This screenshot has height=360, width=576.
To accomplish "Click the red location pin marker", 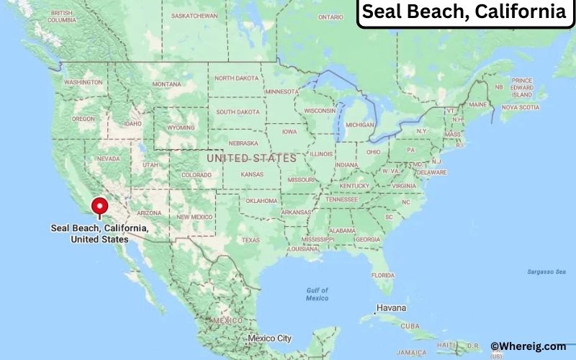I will click(100, 207).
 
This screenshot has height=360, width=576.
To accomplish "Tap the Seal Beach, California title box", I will click(463, 12).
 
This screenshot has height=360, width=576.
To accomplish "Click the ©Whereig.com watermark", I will click(528, 346).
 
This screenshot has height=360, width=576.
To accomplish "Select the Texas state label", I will click(250, 240).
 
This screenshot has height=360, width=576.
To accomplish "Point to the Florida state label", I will click(382, 275).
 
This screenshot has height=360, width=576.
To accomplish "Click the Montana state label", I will click(166, 84).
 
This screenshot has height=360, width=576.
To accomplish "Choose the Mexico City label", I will click(269, 338).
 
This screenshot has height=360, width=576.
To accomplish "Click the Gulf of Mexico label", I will click(317, 294).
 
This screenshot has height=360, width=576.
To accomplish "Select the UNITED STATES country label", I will click(251, 158).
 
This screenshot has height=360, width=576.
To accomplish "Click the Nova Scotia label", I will click(520, 107).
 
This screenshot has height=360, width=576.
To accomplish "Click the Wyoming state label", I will click(180, 127).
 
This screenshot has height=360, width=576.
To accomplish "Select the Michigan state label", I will click(360, 125).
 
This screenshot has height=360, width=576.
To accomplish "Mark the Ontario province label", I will click(330, 17).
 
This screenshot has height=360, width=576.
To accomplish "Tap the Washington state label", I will click(84, 83).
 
